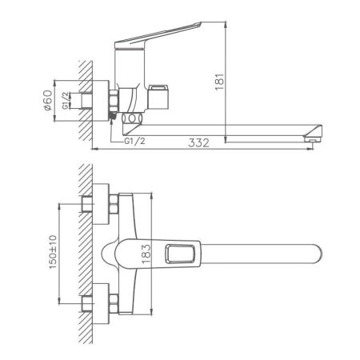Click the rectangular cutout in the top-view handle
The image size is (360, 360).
pyautogui.click(x=182, y=256)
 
